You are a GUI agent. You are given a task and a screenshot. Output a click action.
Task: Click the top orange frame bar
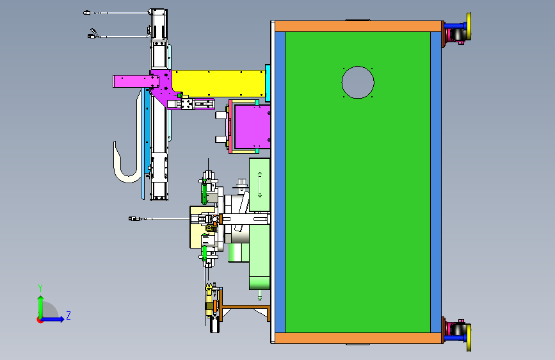click(358, 26)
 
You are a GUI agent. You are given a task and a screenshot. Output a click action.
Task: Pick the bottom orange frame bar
click(358, 338)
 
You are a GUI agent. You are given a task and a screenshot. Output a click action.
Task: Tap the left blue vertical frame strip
click(280, 182)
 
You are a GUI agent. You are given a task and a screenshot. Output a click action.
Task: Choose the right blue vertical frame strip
click(436, 182)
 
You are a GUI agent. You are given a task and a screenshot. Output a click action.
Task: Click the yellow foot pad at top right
click(469, 26)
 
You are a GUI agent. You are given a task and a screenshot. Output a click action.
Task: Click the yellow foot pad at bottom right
click(469, 338)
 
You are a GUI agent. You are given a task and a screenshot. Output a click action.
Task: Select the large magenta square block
click(253, 126)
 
